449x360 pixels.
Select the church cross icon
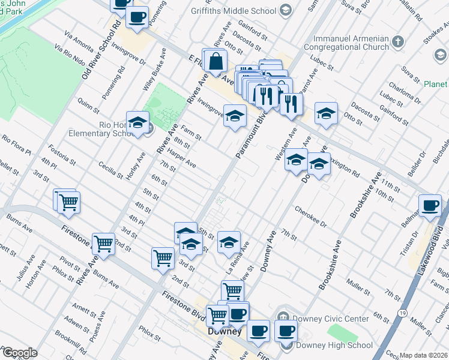(x=398, y=42)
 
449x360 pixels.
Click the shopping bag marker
(x=215, y=61)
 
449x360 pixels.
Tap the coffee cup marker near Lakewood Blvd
(x=430, y=205)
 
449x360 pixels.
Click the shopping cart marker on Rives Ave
(x=104, y=244)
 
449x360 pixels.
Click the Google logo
(x=19, y=353)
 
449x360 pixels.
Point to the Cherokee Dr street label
(x=311, y=217)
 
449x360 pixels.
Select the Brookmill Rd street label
(x=68, y=339)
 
